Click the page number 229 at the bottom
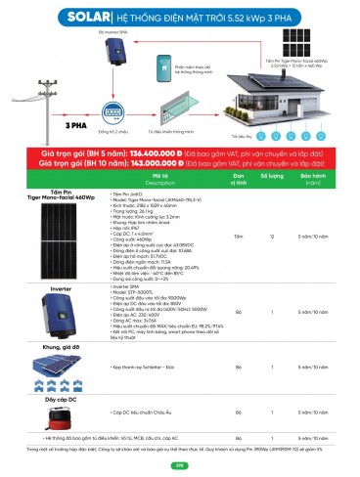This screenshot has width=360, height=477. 179,465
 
